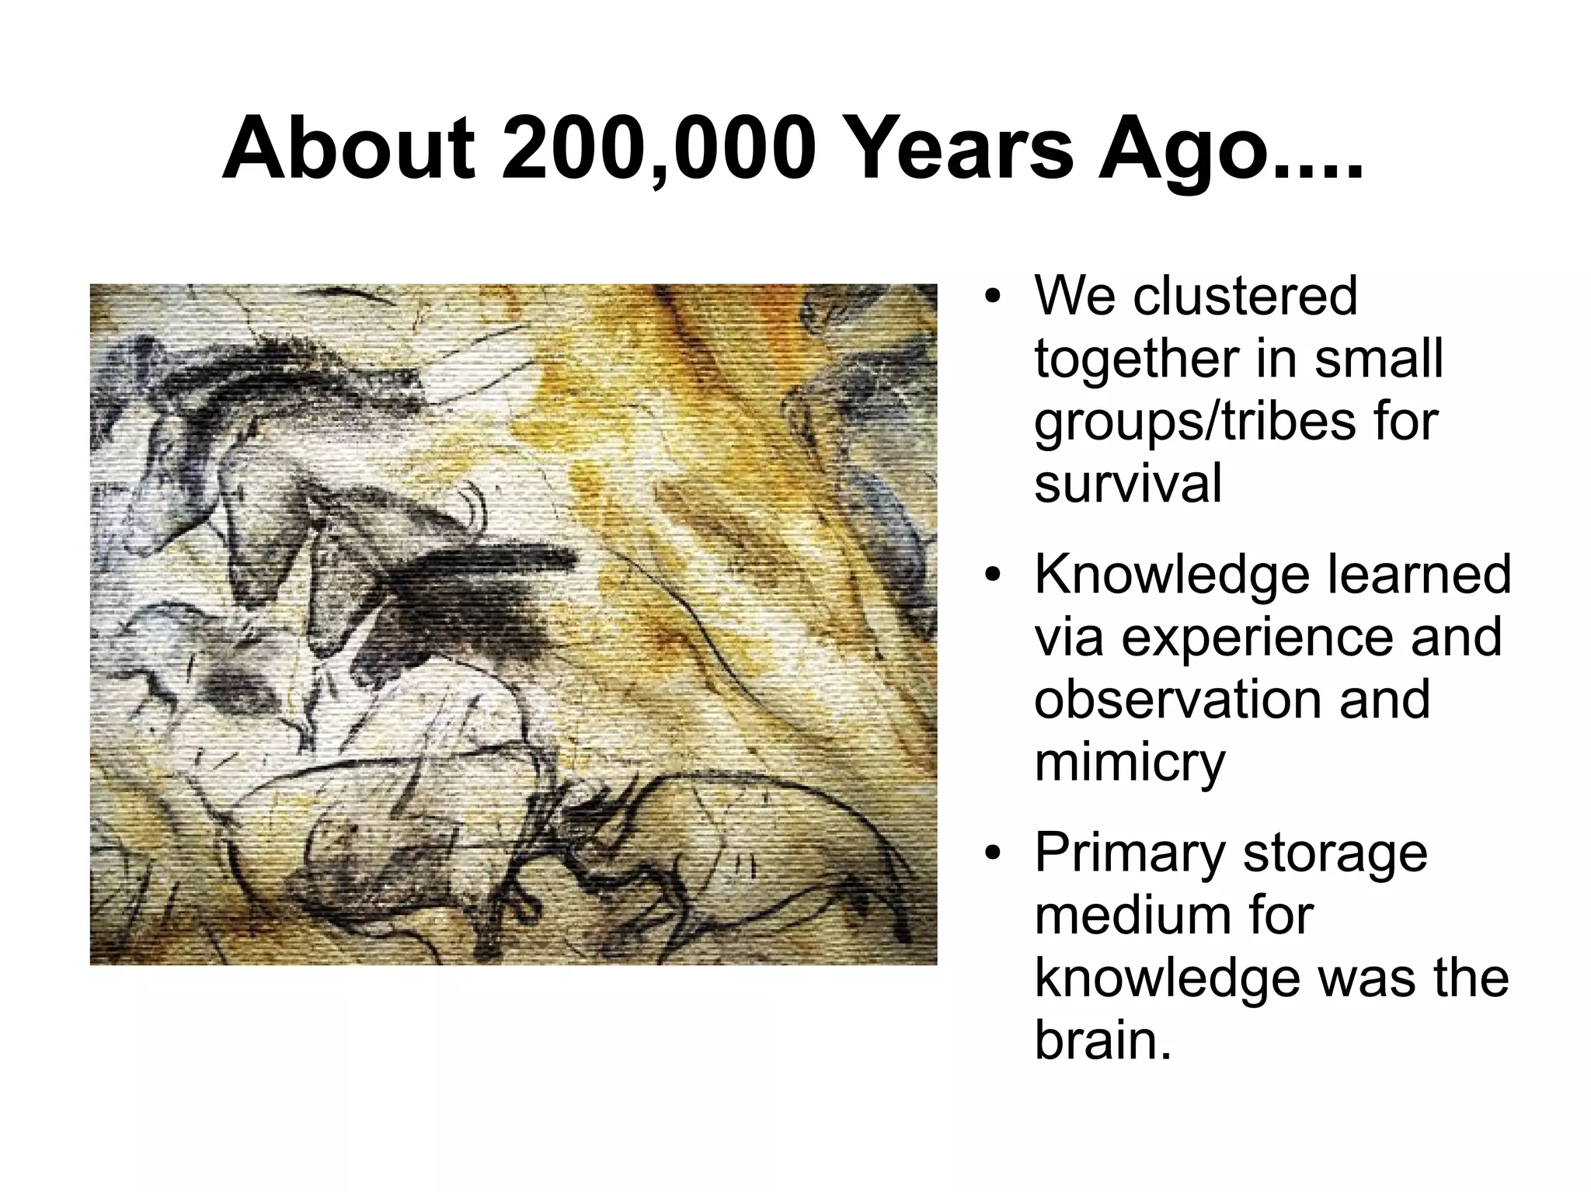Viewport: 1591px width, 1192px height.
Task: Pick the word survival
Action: point(1128,484)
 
